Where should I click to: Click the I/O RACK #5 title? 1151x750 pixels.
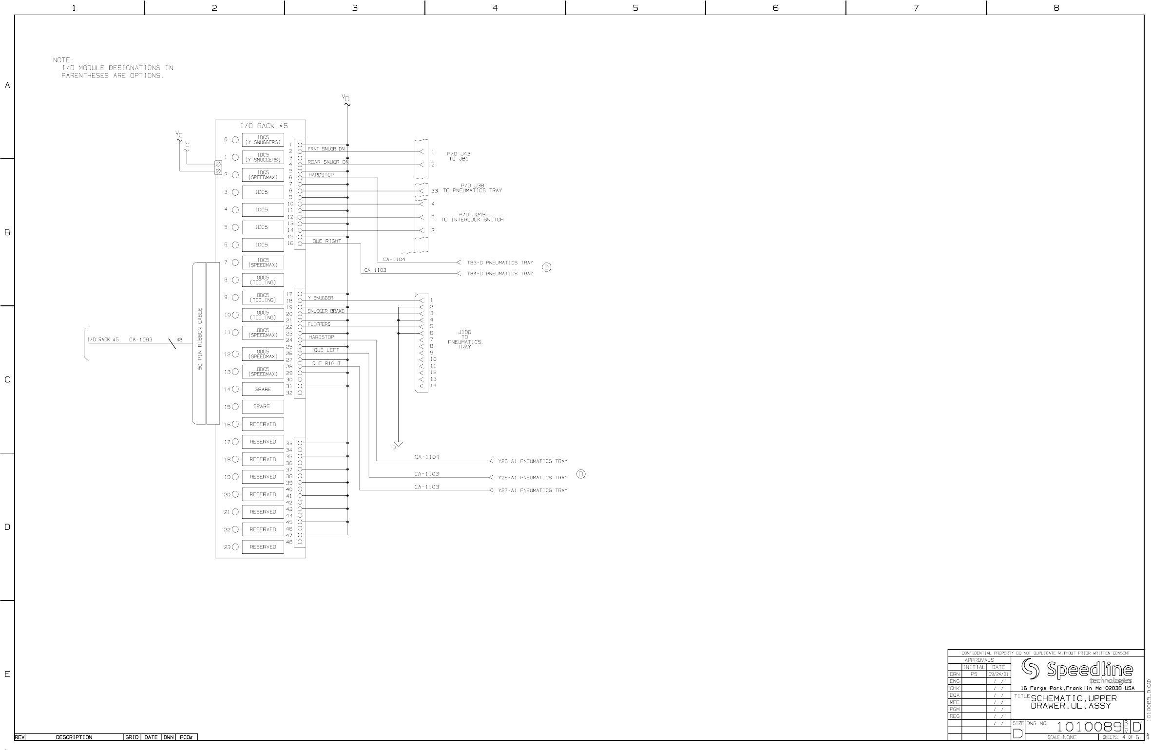[x=264, y=126]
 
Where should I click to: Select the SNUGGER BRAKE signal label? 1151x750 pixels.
[x=326, y=311]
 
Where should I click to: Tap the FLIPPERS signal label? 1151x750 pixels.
[x=319, y=324]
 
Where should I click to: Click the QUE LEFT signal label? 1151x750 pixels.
[x=326, y=350]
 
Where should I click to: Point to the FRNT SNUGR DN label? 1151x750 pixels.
[x=326, y=149]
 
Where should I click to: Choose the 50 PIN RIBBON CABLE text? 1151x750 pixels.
[x=200, y=338]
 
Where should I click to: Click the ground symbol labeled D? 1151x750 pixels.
[x=398, y=444]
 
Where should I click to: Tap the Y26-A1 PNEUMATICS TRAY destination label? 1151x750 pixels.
[x=533, y=461]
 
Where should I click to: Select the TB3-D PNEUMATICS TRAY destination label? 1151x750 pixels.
[x=500, y=263]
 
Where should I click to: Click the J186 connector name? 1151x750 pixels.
[x=464, y=332]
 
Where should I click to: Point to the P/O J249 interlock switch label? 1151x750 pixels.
[x=472, y=217]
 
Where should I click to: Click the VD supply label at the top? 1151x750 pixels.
[x=345, y=98]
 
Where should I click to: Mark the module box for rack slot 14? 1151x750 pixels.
[x=263, y=390]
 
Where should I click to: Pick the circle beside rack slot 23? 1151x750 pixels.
[x=235, y=547]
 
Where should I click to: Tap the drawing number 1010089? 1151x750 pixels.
[x=1089, y=728]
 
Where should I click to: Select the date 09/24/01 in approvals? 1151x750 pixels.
[x=998, y=675]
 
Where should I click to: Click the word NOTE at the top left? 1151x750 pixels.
[x=63, y=60]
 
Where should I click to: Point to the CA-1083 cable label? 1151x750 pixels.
[x=141, y=340]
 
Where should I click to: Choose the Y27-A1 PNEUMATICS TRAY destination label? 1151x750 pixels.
[x=533, y=490]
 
